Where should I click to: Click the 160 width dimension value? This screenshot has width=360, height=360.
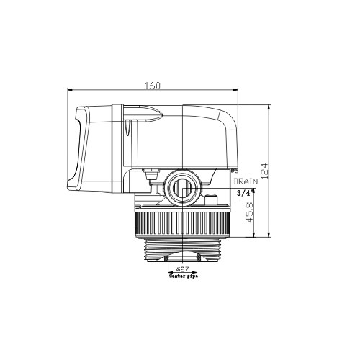[153, 85]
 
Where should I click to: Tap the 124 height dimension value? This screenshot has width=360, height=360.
[264, 171]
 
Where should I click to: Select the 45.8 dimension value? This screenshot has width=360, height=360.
[250, 212]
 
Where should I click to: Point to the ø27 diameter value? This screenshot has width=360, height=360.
[182, 269]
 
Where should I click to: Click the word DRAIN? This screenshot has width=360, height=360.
[246, 181]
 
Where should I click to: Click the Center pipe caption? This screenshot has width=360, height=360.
[184, 276]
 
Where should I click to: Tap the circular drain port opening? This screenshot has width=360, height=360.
[183, 188]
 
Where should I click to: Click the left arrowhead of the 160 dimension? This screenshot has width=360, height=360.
[70, 90]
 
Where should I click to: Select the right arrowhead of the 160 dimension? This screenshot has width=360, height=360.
[235, 90]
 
